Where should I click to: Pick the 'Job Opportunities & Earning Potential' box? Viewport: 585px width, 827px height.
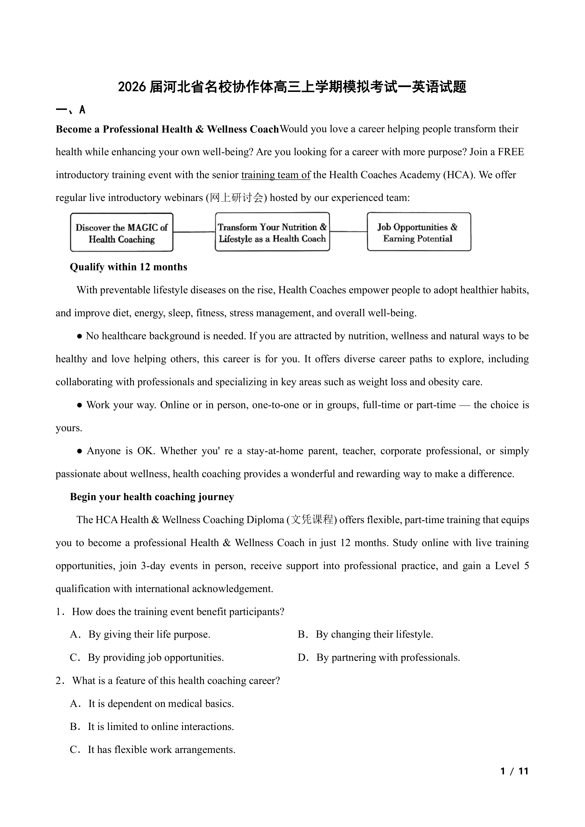(x=419, y=232)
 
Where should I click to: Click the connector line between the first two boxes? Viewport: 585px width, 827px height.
(x=194, y=232)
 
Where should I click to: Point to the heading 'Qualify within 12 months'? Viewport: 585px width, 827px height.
(x=129, y=267)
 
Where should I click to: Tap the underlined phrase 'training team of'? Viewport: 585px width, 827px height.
(x=276, y=175)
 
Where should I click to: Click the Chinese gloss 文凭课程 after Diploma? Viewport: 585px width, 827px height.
(x=312, y=520)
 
